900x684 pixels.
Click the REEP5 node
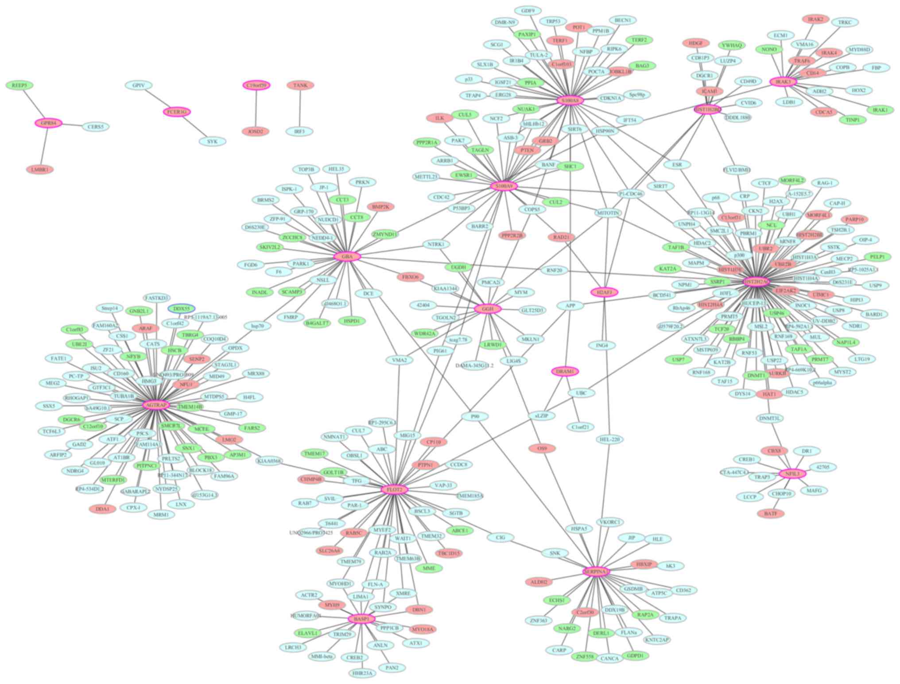19,85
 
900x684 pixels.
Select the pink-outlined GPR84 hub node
48,123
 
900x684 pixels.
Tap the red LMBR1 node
40,169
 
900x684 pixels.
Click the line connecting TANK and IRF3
300,108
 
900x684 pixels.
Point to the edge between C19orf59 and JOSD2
256,108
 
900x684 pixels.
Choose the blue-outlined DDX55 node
182,308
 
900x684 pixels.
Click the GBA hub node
347,256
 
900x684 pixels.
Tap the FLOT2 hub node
394,490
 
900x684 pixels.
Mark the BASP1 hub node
361,619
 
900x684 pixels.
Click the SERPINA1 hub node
596,572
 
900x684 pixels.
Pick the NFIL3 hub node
792,474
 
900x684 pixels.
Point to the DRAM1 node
565,371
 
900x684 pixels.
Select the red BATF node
771,513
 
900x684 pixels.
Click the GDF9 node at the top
528,11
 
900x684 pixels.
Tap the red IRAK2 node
815,19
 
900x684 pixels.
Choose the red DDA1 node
102,509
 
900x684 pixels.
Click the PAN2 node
392,668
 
